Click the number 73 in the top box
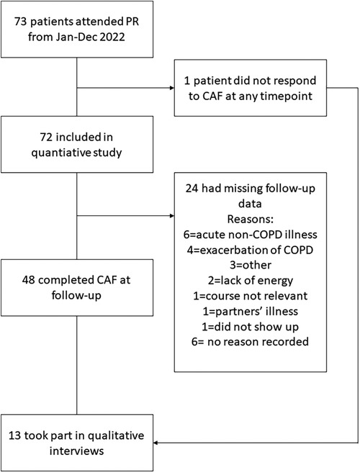click(21, 22)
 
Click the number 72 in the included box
click(46, 138)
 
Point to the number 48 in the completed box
click(29, 280)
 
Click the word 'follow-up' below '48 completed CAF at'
click(76, 295)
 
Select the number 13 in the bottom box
click(14, 436)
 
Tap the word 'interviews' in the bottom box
click(76, 451)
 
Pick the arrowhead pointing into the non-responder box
click(172, 88)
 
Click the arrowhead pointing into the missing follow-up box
click(172, 216)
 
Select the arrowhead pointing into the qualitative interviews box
click(156, 443)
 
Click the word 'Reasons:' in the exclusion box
click(250, 220)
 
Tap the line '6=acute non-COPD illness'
click(250, 235)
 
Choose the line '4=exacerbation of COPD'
click(250, 250)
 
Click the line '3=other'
click(250, 265)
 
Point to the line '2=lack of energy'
click(250, 281)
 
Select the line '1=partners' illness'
click(250, 311)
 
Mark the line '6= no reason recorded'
click(250, 342)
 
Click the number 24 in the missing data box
click(192, 189)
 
